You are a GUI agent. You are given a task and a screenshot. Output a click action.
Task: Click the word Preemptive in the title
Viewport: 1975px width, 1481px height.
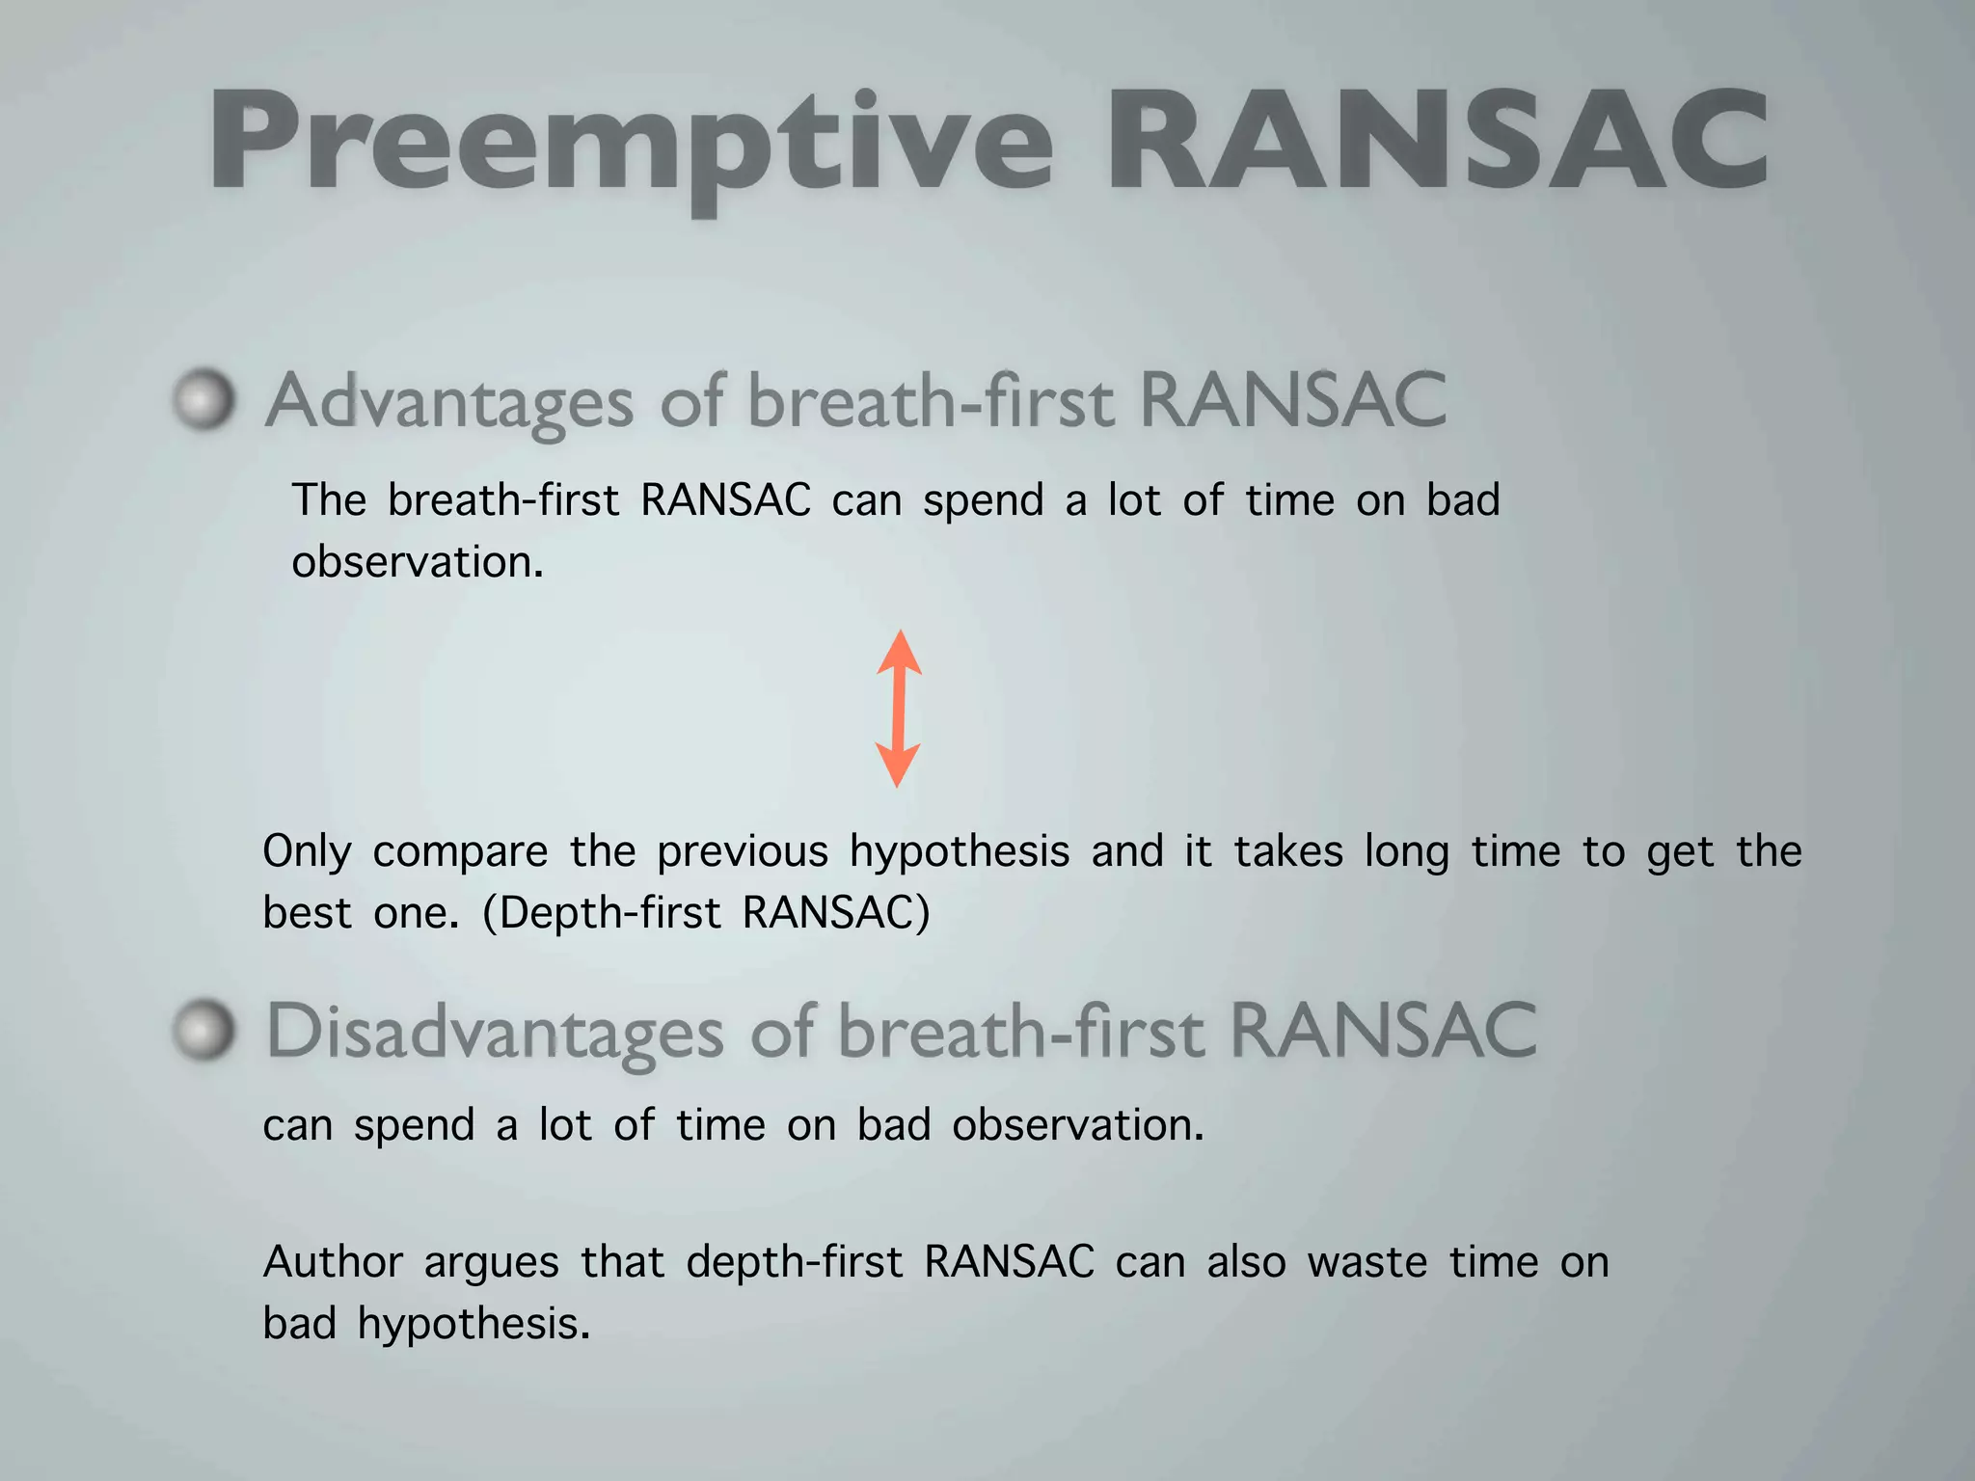(x=632, y=143)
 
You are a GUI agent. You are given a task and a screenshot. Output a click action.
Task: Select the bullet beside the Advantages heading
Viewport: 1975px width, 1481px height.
(x=204, y=398)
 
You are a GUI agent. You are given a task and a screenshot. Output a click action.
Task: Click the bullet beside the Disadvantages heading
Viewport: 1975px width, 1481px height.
(x=204, y=1030)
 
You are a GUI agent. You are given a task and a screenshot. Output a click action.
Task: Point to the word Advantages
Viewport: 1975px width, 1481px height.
(x=449, y=401)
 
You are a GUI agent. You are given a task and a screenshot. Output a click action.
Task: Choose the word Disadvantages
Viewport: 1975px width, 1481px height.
(x=495, y=1032)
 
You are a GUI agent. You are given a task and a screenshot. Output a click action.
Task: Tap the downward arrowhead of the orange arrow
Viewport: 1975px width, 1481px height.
(x=898, y=764)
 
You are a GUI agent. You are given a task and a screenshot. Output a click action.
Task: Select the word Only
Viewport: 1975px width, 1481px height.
(x=307, y=852)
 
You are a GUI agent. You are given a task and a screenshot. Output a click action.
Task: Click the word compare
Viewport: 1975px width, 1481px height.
(x=460, y=852)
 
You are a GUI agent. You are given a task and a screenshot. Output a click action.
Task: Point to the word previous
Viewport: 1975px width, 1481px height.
(x=743, y=851)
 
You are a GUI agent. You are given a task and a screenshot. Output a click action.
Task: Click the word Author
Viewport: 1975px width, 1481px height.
(x=333, y=1262)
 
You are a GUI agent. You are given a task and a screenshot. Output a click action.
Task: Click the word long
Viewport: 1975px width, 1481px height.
(x=1406, y=852)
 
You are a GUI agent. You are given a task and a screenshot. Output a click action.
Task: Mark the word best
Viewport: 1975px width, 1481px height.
(x=307, y=912)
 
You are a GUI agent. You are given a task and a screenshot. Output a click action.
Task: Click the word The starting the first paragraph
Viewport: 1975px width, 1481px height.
(x=329, y=500)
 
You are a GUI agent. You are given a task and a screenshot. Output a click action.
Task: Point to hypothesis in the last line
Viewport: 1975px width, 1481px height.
(x=473, y=1324)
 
